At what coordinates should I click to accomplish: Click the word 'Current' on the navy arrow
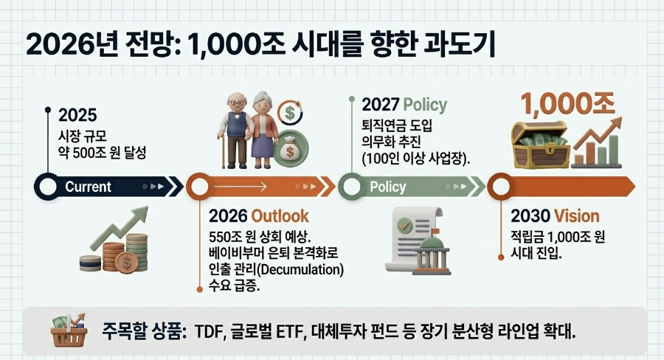88,187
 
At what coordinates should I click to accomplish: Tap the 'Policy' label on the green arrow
387,187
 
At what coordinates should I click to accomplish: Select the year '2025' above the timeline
77,116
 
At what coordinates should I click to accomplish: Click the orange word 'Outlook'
280,216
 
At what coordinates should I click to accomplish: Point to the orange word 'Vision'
577,216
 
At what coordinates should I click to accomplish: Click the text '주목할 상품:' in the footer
139,331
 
